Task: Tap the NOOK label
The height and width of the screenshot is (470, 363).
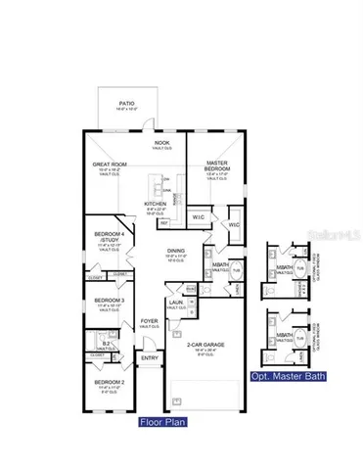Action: (x=161, y=143)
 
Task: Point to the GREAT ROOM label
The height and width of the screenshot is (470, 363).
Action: (x=107, y=165)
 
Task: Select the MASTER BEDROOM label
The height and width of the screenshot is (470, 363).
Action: (x=216, y=166)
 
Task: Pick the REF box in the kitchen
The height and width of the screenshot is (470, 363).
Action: (x=163, y=224)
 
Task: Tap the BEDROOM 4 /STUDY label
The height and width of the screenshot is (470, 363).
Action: (x=107, y=235)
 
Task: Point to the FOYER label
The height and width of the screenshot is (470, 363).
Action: (x=149, y=321)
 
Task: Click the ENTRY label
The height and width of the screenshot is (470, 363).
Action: (x=149, y=357)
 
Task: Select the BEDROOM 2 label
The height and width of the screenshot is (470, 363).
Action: (x=107, y=381)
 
